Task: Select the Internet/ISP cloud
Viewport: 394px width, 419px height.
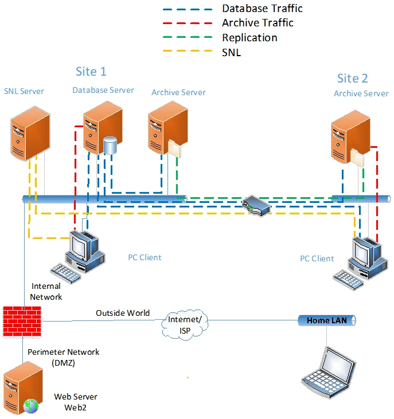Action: click(x=185, y=324)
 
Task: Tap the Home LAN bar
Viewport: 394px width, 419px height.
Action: click(x=326, y=320)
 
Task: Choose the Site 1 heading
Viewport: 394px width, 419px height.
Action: click(x=91, y=72)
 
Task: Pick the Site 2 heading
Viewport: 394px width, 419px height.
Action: click(x=352, y=79)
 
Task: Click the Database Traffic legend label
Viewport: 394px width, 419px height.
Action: click(x=262, y=9)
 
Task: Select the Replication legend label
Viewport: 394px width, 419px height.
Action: click(x=249, y=37)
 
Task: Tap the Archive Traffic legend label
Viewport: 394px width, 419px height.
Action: click(x=258, y=23)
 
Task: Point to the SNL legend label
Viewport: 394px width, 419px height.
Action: click(x=232, y=52)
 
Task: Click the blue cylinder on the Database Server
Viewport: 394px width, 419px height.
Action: click(x=110, y=145)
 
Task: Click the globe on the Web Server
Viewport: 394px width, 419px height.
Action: click(x=30, y=406)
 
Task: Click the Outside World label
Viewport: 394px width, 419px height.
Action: click(x=123, y=313)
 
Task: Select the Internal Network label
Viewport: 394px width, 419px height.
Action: click(x=46, y=291)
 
